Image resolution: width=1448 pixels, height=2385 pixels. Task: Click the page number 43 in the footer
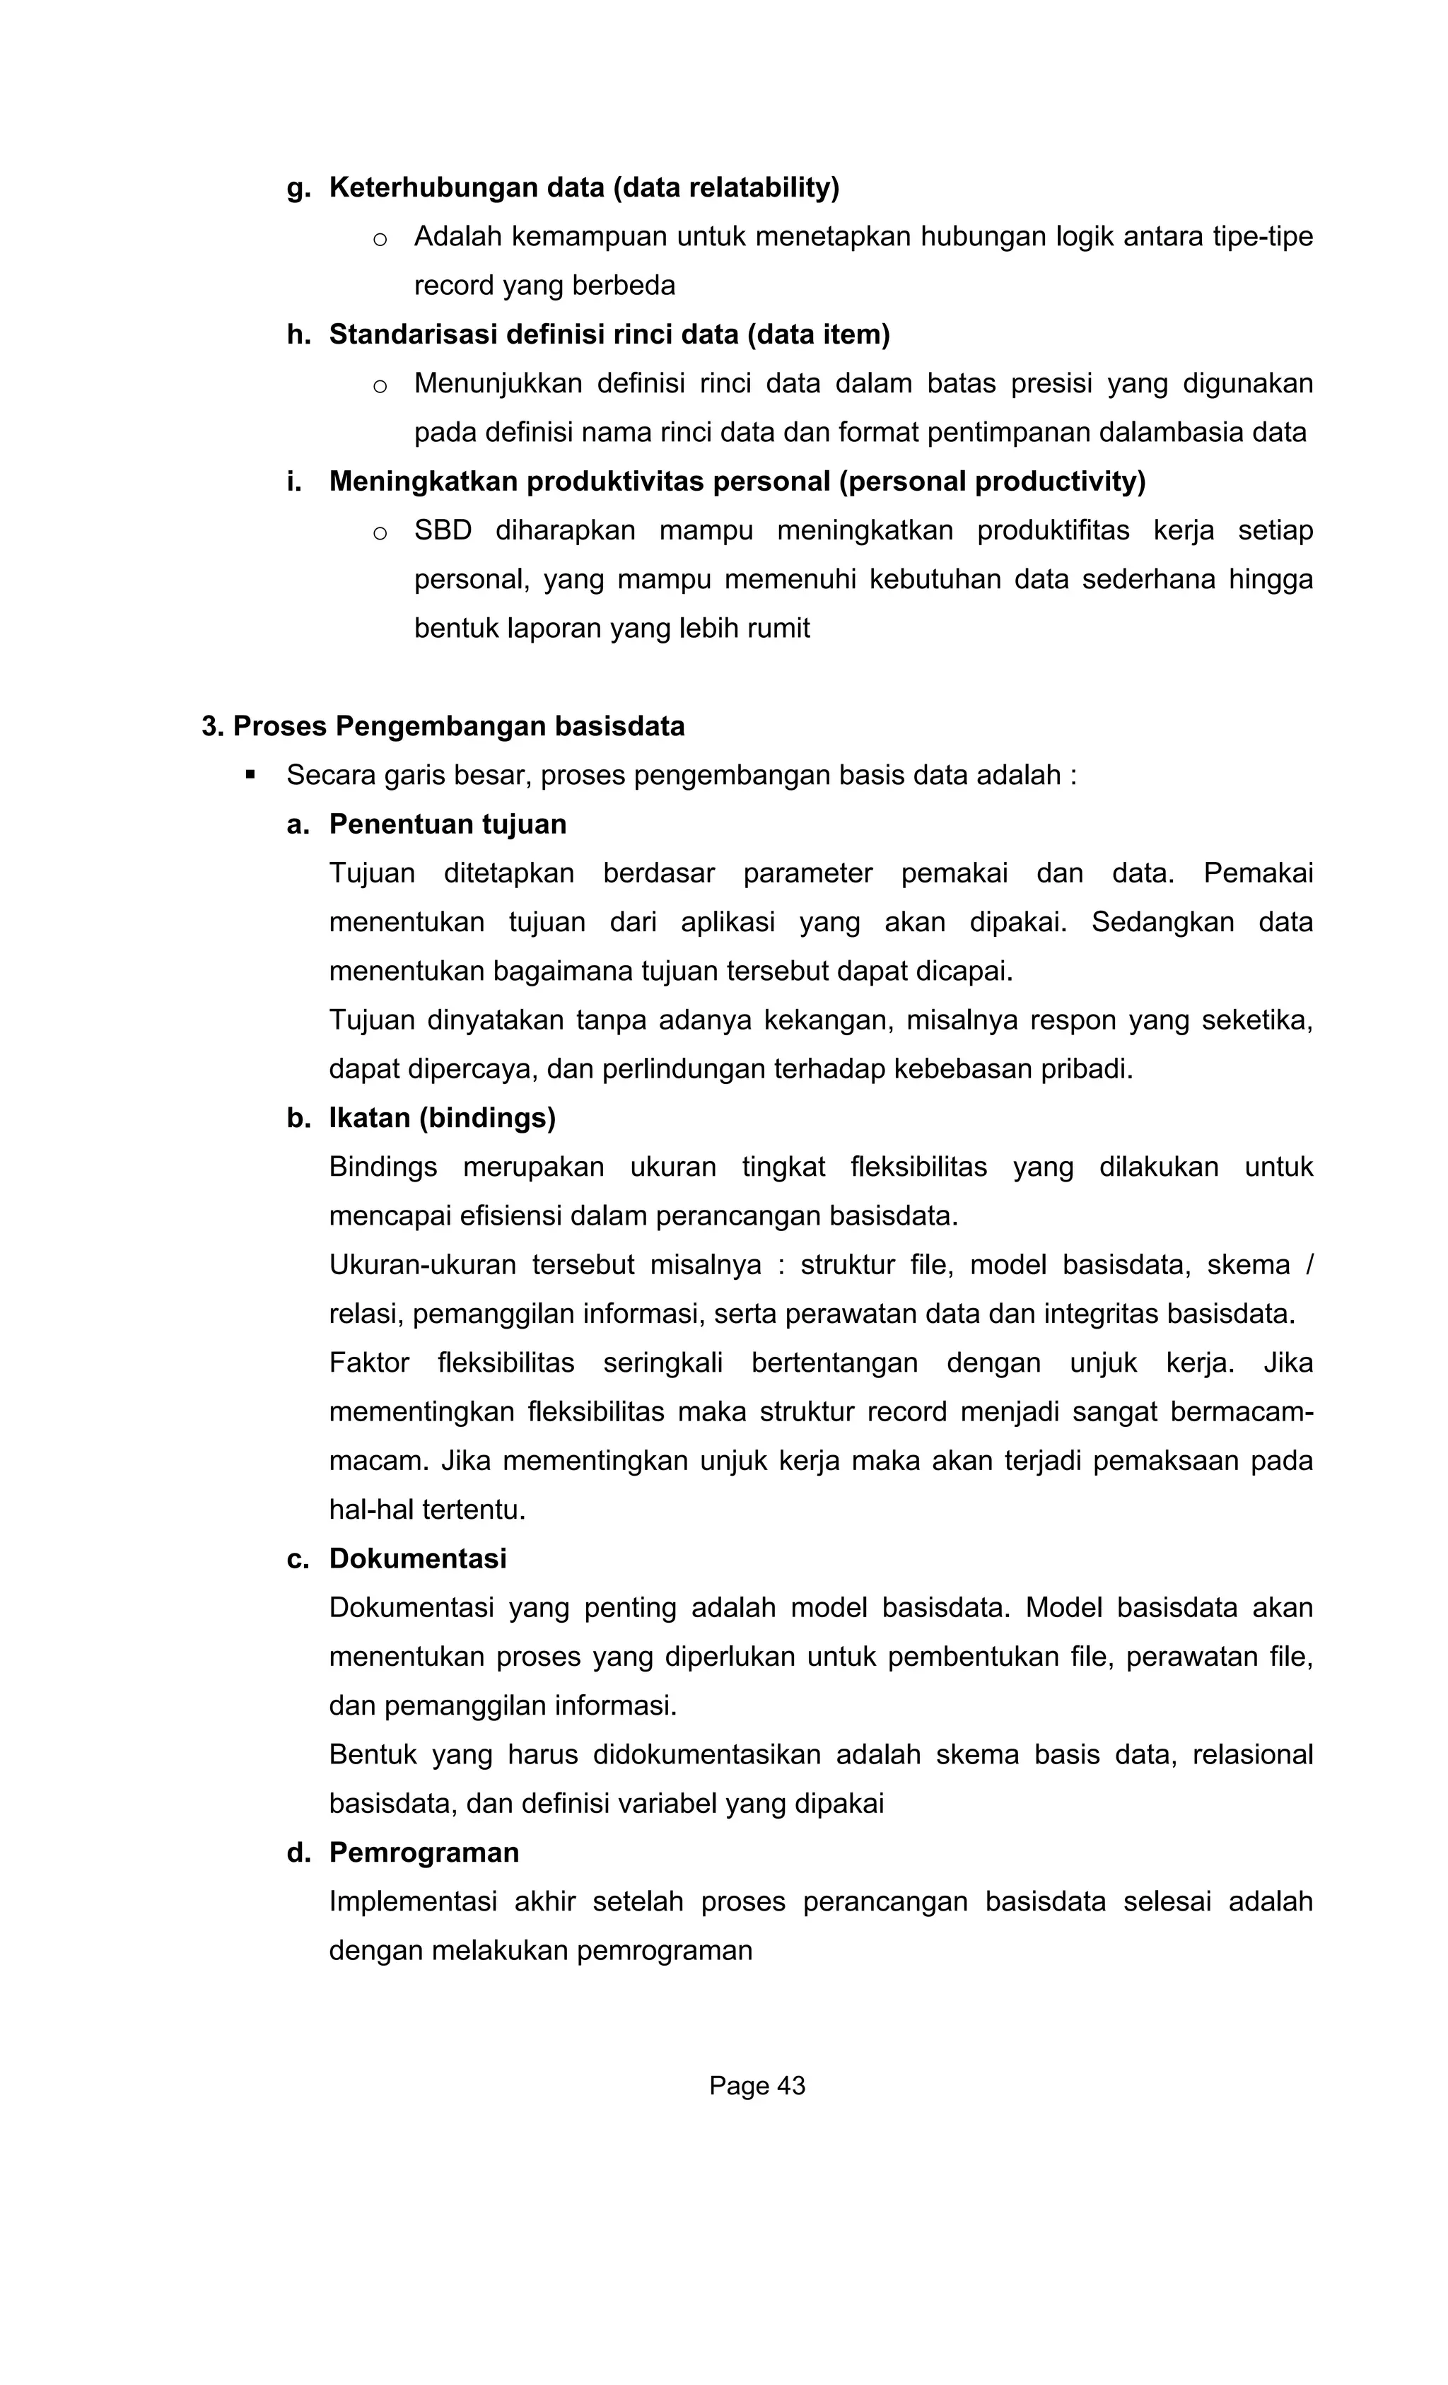click(x=789, y=2086)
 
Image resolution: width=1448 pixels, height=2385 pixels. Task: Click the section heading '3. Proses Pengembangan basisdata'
click(x=443, y=726)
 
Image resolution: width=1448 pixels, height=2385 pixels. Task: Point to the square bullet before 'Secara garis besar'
click(x=251, y=774)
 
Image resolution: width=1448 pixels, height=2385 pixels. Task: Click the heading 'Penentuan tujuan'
click(x=447, y=824)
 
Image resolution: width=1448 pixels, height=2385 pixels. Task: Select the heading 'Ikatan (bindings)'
click(x=443, y=1118)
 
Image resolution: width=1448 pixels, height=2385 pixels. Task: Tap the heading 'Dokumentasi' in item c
click(x=417, y=1558)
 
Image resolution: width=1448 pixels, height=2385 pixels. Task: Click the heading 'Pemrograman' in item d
click(x=424, y=1853)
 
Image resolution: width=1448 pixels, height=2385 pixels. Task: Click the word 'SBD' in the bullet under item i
click(x=443, y=530)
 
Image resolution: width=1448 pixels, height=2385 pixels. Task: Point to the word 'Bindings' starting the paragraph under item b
click(x=383, y=1167)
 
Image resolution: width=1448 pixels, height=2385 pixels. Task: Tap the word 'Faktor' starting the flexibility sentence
click(x=369, y=1363)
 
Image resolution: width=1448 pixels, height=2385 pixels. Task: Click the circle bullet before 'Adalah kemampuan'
click(x=380, y=238)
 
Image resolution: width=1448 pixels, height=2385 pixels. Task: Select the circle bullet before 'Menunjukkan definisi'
click(x=380, y=385)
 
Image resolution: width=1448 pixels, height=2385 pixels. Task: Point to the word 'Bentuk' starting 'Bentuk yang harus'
click(x=372, y=1754)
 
